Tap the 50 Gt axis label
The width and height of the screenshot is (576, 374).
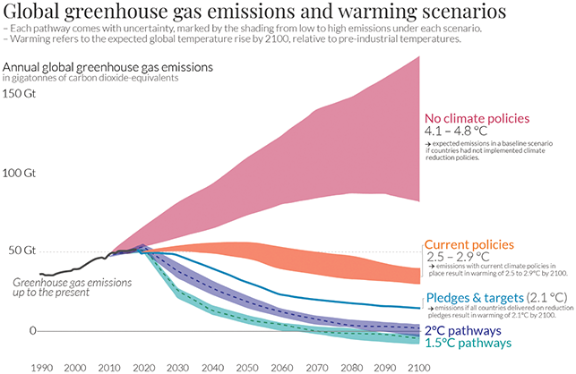[20, 250]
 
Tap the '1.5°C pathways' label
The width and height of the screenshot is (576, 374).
[469, 342]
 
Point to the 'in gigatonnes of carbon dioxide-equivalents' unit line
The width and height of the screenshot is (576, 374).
[90, 78]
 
